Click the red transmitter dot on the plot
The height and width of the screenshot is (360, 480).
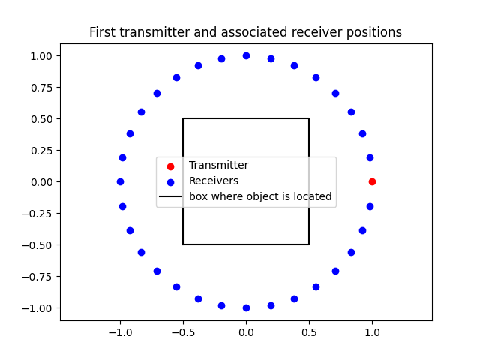point(372,181)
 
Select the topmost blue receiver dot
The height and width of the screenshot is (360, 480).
point(246,55)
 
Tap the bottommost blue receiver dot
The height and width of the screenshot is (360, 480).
point(246,307)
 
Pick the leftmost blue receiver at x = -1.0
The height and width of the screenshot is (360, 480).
point(120,181)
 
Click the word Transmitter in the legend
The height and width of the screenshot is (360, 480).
point(218,166)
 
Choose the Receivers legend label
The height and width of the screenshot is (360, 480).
point(214,181)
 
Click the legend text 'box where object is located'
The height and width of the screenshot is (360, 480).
point(260,197)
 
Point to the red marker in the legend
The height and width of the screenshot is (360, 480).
point(170,166)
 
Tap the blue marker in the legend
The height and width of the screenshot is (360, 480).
point(170,181)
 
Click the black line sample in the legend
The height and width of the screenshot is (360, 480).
point(170,197)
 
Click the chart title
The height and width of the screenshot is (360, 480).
point(245,32)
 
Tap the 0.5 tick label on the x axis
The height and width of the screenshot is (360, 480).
point(309,331)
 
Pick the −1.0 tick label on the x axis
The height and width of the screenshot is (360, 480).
point(120,331)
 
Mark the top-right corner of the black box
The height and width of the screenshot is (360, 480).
point(309,118)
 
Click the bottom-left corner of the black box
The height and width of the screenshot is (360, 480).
point(183,244)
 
